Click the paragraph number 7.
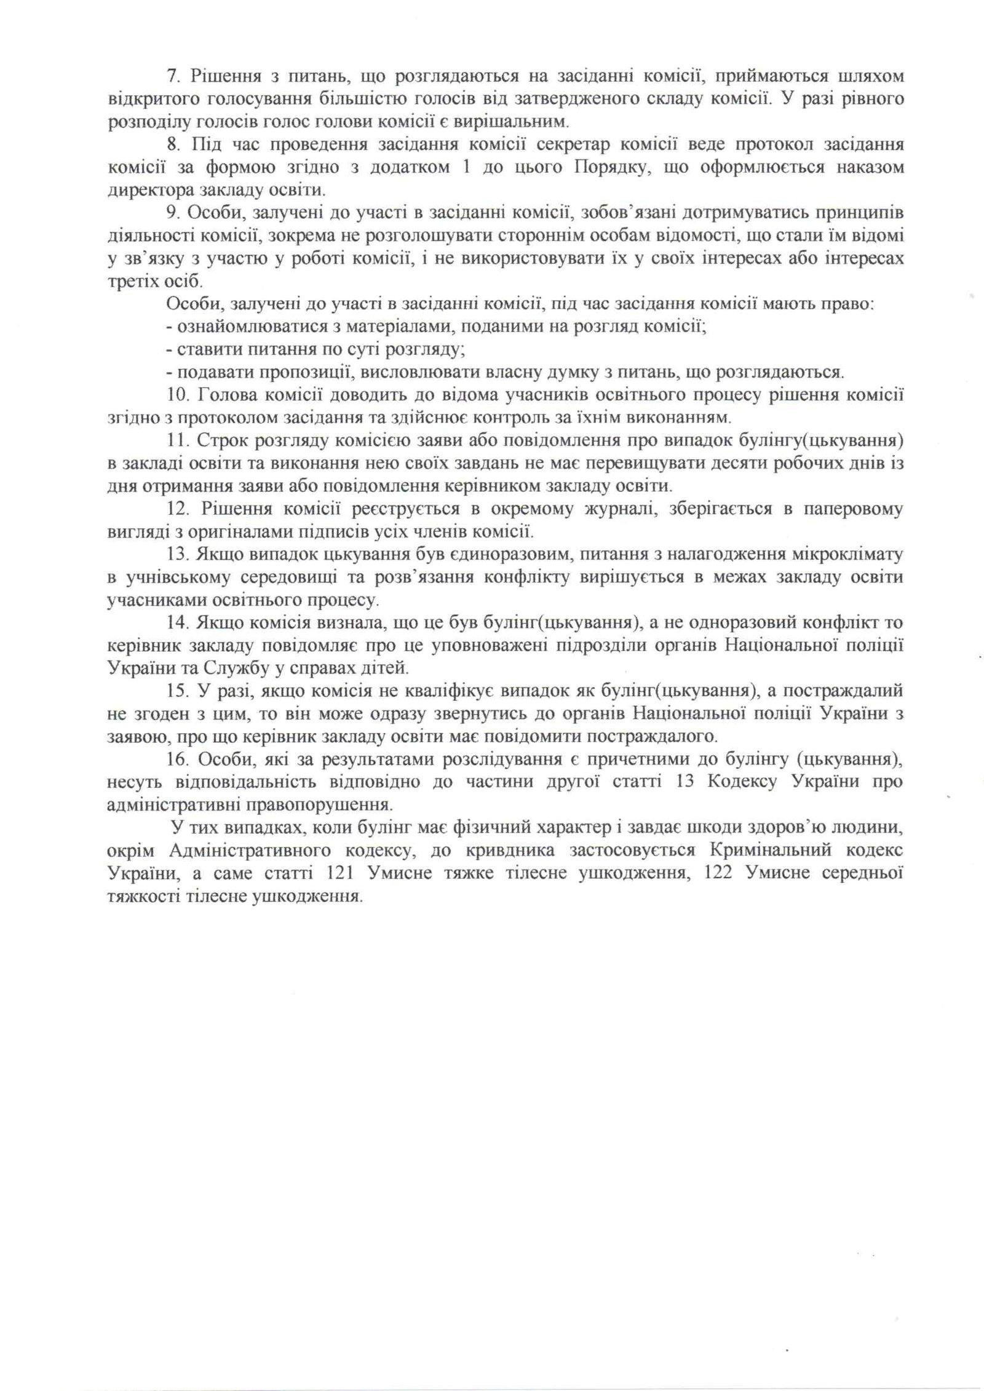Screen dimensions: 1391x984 point(172,76)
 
